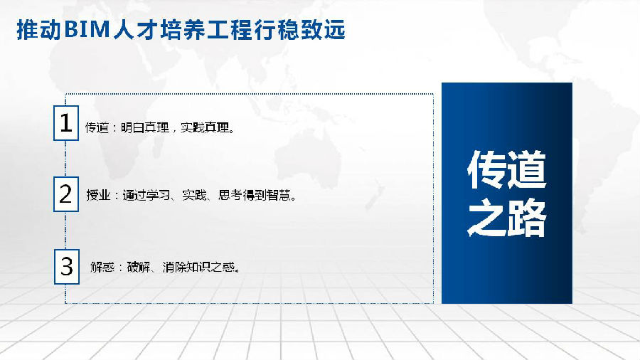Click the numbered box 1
pyautogui.click(x=66, y=123)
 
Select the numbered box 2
pyautogui.click(x=66, y=194)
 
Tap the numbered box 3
pyautogui.click(x=67, y=267)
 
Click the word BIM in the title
pyautogui.click(x=87, y=30)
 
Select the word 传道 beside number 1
pyautogui.click(x=97, y=128)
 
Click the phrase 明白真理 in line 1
pyautogui.click(x=145, y=128)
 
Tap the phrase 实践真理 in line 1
pyautogui.click(x=205, y=128)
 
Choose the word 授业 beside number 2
pyautogui.click(x=98, y=195)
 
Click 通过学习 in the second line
pyautogui.click(x=146, y=195)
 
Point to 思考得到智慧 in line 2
pyautogui.click(x=255, y=195)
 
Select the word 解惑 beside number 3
pyautogui.click(x=102, y=267)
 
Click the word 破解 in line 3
pyautogui.click(x=139, y=267)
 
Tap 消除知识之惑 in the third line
pyautogui.click(x=198, y=267)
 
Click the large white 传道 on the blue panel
pyautogui.click(x=506, y=169)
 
